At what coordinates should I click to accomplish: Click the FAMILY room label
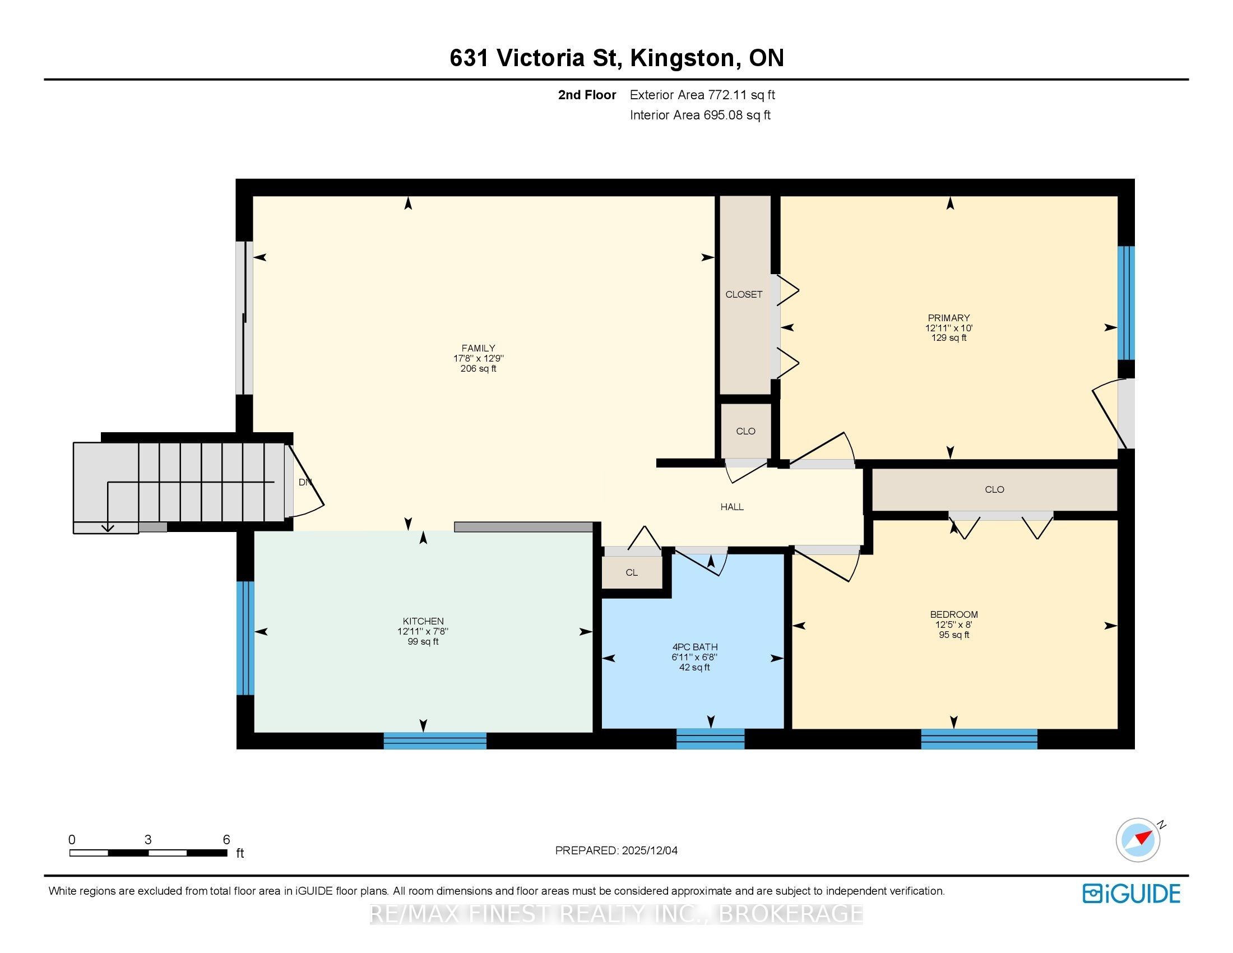478,348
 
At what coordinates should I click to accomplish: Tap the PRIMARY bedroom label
948,318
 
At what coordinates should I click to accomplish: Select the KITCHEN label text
423,621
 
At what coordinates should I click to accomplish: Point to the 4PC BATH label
694,647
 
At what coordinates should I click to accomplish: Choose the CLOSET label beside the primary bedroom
744,294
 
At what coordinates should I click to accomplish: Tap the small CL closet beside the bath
632,572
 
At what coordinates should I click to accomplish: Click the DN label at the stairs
305,482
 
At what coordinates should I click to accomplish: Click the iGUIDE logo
1132,894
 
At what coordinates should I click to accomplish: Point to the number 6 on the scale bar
226,839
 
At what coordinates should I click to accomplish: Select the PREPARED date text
616,850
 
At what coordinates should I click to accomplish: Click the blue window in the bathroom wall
710,738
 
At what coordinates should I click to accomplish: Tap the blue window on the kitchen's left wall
245,638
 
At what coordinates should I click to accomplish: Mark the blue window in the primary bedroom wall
1127,303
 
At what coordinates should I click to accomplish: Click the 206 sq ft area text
478,369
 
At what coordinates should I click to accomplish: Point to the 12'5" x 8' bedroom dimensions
953,624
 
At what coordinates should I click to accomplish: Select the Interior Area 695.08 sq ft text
700,115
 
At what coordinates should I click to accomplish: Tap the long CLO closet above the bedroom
995,489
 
